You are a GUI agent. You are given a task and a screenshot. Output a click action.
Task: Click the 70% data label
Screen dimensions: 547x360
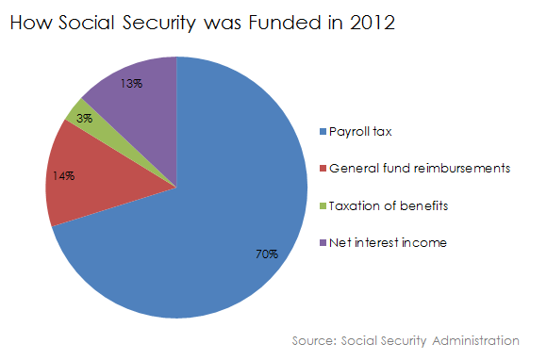tap(267, 254)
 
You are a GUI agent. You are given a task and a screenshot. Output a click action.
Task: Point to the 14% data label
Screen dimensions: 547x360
tap(63, 175)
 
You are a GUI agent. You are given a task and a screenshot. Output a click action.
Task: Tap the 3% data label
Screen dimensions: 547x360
tap(85, 119)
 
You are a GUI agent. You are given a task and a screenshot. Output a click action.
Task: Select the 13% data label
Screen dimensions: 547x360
tap(131, 83)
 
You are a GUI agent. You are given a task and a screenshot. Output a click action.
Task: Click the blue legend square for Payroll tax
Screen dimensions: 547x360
tap(323, 132)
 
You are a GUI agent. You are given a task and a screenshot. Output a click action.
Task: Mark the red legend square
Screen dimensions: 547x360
tap(323, 169)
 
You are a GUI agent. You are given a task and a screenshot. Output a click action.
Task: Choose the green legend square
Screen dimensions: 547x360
tap(323, 206)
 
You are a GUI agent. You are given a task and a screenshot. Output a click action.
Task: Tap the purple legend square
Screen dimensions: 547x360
tap(323, 242)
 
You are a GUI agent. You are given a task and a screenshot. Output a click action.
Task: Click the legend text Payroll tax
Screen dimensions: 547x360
tap(360, 132)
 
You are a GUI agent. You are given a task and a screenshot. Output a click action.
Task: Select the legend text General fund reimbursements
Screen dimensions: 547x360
tap(420, 169)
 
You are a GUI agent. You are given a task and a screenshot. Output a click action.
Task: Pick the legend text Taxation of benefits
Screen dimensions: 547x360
tap(389, 205)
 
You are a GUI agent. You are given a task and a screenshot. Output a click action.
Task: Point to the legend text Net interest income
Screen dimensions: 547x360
tap(388, 242)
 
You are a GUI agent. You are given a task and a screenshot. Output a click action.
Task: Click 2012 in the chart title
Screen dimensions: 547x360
tap(373, 23)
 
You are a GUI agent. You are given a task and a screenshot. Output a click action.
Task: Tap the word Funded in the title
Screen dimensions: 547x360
tap(284, 23)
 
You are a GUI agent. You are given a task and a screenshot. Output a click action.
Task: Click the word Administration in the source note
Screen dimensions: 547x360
tap(475, 340)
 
